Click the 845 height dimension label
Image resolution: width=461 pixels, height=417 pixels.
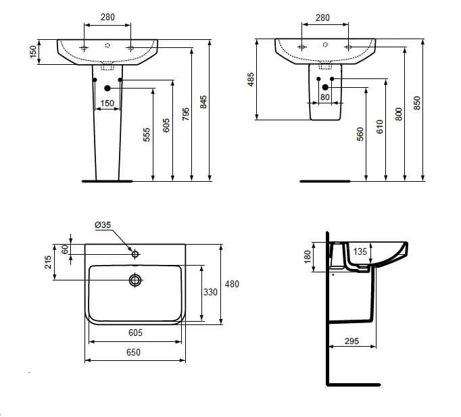click(203, 101)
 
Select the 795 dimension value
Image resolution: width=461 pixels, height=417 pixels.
click(185, 114)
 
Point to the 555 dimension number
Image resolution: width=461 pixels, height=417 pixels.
click(147, 134)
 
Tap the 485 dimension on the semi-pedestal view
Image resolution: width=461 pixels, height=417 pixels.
click(251, 79)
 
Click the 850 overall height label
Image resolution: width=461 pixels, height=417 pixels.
click(417, 103)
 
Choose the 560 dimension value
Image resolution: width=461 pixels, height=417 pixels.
click(360, 134)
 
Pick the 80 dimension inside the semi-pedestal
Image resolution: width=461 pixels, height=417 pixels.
click(325, 97)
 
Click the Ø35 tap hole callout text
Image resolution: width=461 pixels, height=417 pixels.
click(103, 225)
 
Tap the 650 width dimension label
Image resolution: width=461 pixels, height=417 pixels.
click(133, 352)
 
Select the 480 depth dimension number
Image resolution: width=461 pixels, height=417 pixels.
click(232, 284)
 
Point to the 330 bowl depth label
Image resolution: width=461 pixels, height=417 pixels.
click(210, 292)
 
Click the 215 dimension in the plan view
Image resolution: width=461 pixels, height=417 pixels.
click(48, 262)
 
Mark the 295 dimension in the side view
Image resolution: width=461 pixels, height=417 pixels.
click(352, 341)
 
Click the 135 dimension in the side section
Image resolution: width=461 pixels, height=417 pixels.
click(360, 251)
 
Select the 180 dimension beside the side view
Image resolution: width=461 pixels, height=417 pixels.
click(308, 257)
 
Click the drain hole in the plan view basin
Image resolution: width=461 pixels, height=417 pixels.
click(135, 280)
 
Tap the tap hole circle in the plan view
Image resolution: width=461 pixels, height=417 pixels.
click(135, 254)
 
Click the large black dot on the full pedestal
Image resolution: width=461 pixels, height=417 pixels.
click(107, 88)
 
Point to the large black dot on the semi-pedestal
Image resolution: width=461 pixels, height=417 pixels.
click(325, 87)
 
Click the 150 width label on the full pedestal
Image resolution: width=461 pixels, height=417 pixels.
click(107, 103)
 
